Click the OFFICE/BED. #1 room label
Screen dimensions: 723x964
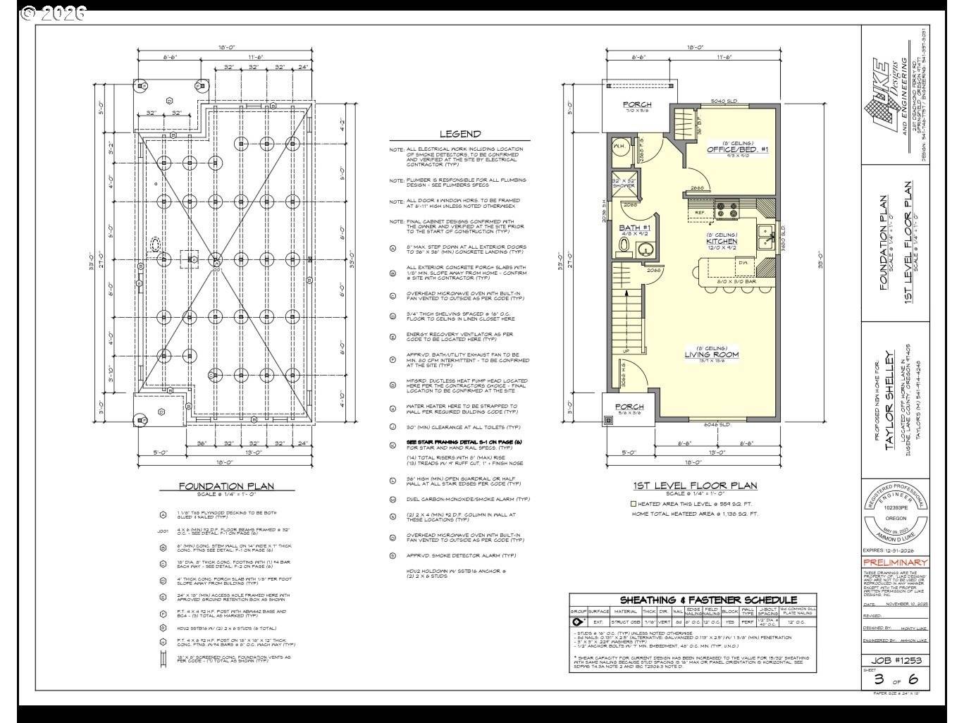[x=737, y=149]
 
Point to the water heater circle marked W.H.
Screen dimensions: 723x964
[x=620, y=147]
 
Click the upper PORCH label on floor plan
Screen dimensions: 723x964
[x=637, y=105]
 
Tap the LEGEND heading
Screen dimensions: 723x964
[x=460, y=134]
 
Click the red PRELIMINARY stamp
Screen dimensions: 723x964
[x=895, y=562]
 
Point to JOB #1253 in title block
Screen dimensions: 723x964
[x=895, y=660]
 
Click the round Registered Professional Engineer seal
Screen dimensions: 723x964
[x=895, y=514]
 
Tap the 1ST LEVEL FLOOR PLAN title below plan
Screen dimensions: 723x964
[x=696, y=486]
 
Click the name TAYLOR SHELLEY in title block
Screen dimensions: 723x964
[x=889, y=397]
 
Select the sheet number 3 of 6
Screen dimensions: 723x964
[x=896, y=679]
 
